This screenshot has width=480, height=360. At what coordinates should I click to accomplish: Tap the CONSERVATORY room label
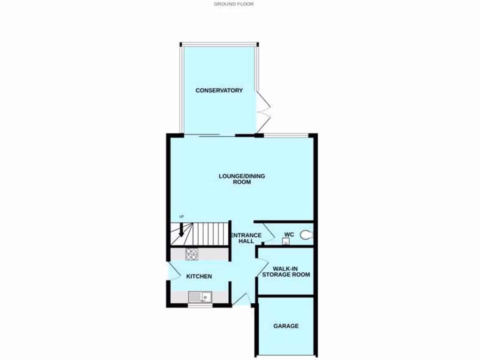219,90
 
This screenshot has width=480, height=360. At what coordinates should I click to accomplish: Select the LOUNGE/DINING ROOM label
242,179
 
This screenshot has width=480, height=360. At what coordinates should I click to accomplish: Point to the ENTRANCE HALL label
246,238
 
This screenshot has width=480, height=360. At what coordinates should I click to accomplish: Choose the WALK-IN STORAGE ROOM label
286,271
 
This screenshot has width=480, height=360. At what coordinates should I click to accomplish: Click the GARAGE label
286,326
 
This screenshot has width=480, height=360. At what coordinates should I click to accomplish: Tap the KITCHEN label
199,277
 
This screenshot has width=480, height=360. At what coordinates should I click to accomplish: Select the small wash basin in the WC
285,241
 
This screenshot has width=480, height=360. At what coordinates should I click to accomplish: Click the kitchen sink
200,297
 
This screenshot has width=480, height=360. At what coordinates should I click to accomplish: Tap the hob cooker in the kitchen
192,254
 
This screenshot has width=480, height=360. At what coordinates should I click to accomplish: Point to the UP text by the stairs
181,216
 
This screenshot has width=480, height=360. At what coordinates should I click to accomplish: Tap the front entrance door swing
241,299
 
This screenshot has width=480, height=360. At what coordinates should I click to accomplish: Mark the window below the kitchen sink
200,305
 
